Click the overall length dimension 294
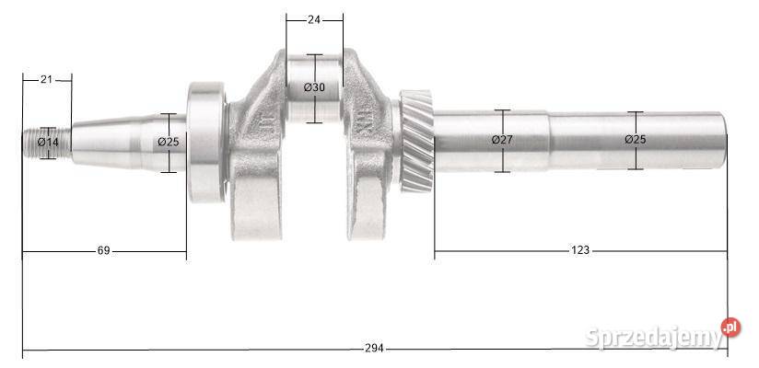coord(374,348)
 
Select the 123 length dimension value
coord(580,250)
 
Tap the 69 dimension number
coord(103,250)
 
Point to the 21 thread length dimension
coord(46,79)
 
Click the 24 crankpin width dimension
coord(314,20)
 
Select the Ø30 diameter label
coord(314,87)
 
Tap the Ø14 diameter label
coord(48,143)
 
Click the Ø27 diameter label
coord(502,140)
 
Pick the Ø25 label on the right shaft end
coord(635,140)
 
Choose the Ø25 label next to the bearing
coord(169,142)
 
